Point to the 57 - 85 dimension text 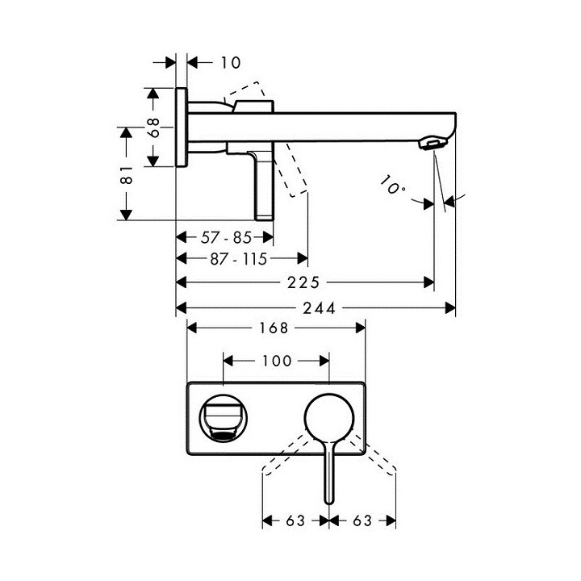pos(226,237)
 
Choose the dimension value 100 pos(277,361)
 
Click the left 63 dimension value pos(295,520)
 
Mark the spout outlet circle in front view pos(223,418)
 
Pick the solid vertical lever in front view pos(329,476)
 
